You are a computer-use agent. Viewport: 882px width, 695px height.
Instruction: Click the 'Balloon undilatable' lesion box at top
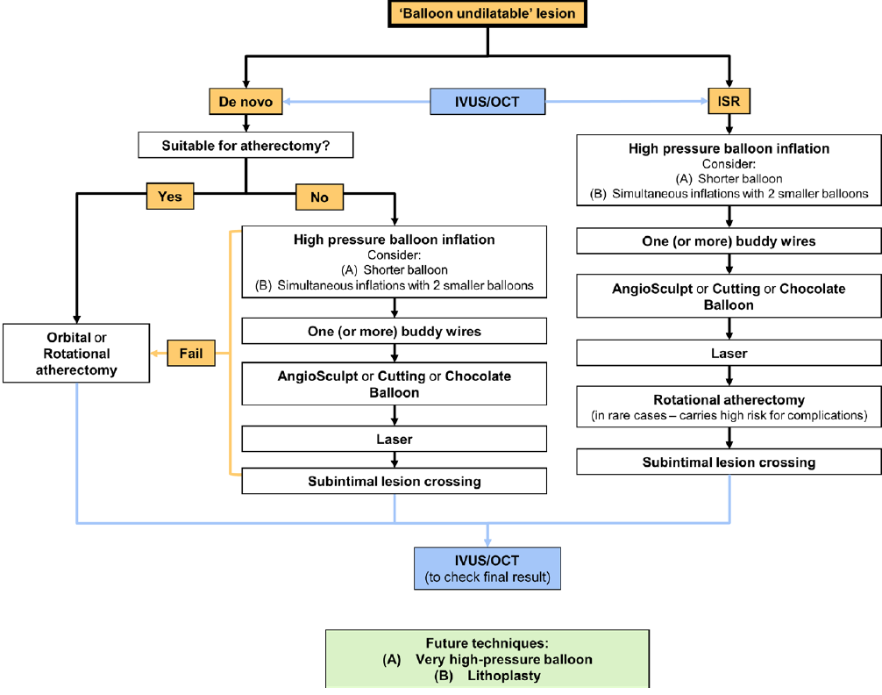pos(487,14)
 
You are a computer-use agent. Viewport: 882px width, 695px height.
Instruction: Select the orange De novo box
pos(245,103)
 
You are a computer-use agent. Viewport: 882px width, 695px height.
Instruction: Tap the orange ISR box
pos(729,102)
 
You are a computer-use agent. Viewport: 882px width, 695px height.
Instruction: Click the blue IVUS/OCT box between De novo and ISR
pos(487,102)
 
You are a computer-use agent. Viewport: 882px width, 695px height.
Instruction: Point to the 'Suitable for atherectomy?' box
pos(245,145)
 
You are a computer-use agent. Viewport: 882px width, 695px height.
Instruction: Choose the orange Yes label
pos(170,196)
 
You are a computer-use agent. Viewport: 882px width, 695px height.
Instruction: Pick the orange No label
pos(319,197)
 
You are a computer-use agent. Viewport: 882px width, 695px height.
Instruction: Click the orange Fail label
pos(190,354)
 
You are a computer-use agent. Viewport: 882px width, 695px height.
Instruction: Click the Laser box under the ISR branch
pos(729,354)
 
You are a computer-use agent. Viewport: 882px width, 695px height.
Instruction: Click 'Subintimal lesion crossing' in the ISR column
pos(729,462)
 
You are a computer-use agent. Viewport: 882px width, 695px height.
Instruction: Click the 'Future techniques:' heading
pos(487,642)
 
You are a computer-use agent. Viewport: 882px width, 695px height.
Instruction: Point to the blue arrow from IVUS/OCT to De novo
pos(359,103)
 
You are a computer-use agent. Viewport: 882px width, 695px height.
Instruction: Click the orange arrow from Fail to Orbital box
pos(159,354)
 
